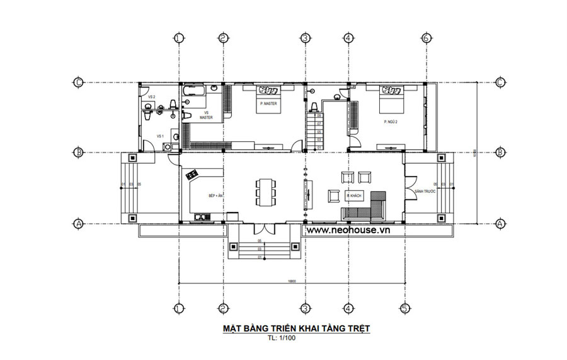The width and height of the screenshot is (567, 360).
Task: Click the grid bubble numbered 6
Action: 427,38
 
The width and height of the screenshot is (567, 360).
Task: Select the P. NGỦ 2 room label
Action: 385,122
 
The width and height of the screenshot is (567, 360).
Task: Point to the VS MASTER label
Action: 206,115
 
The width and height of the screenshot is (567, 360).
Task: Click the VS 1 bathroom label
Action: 160,136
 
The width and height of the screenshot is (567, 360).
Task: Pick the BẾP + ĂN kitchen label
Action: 216,197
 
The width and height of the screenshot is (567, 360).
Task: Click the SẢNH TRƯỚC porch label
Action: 421,191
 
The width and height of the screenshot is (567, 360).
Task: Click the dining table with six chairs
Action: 265,190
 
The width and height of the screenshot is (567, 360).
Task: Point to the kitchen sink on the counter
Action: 203,218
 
